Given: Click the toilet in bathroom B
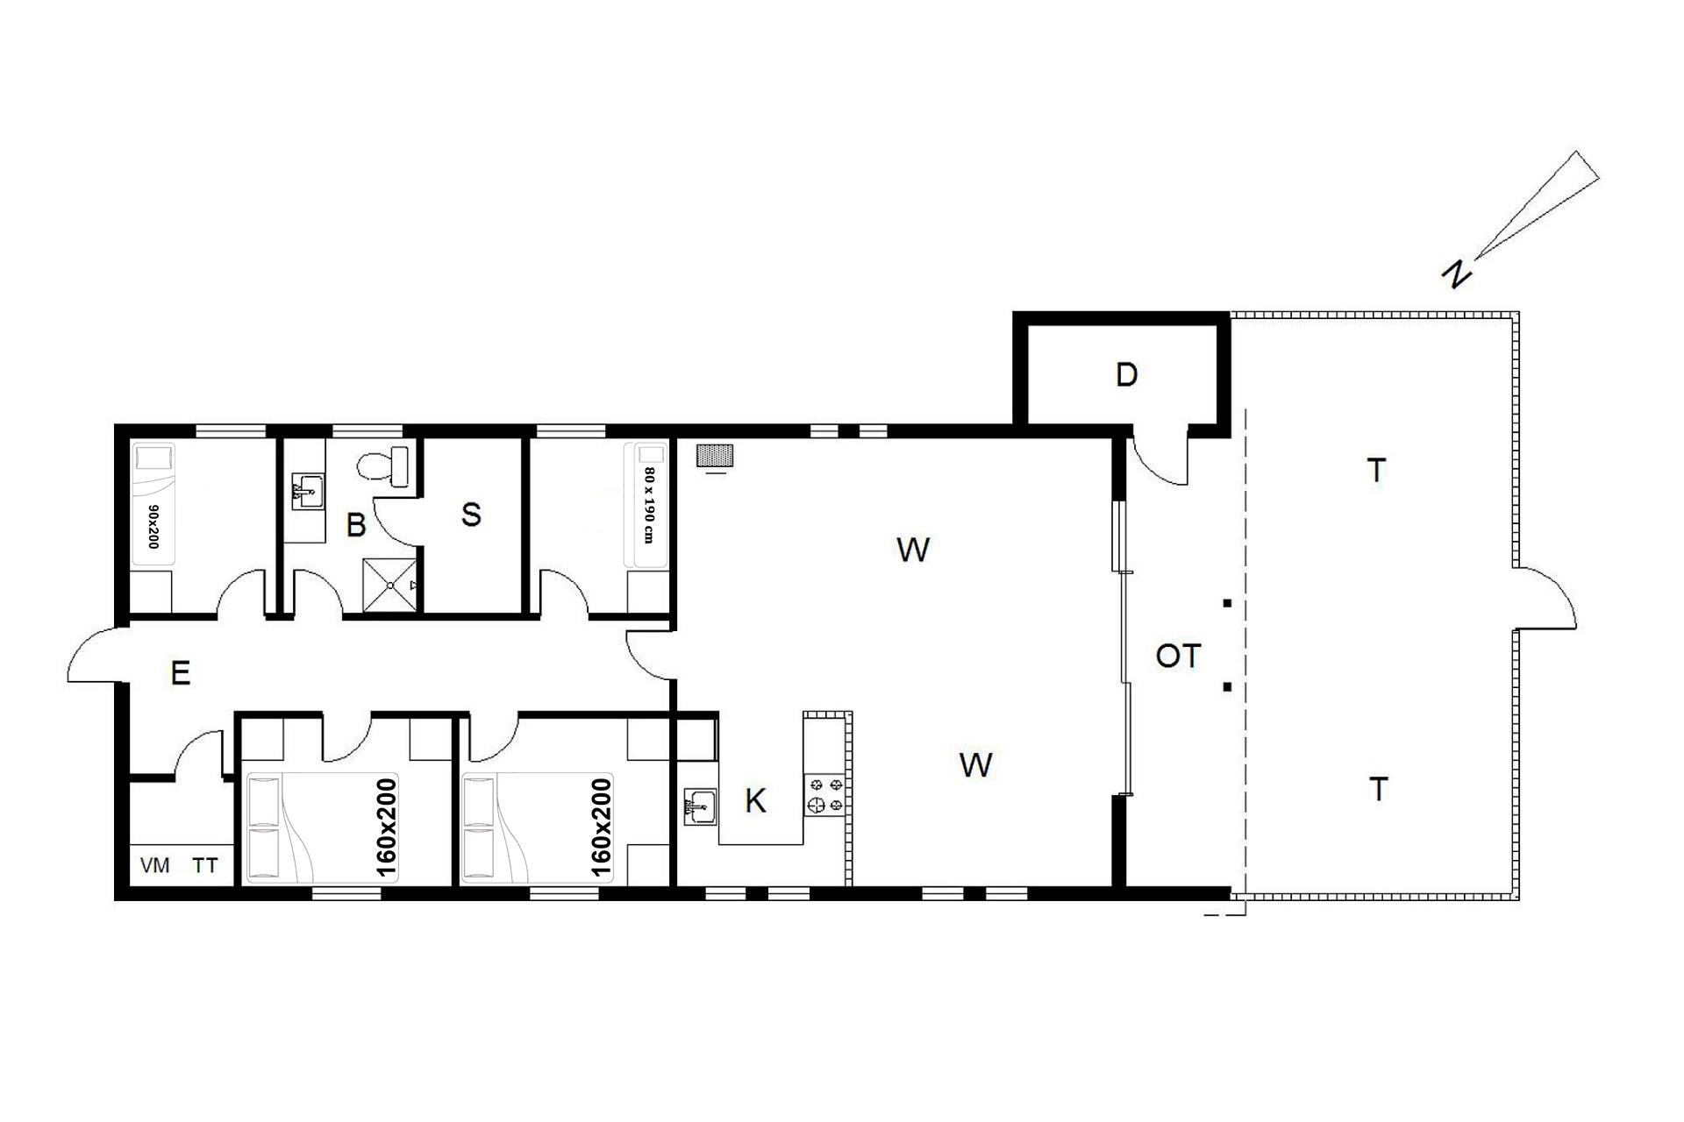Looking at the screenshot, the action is [385, 465].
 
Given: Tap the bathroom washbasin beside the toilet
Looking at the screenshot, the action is [307, 491].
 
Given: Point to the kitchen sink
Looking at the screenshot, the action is [701, 807].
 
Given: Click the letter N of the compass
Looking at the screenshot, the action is [1456, 275].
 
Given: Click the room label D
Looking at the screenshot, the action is [1126, 375].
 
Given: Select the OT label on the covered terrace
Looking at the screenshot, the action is [1178, 656].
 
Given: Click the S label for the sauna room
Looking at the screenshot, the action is [471, 515].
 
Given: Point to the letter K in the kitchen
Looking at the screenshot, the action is [755, 800].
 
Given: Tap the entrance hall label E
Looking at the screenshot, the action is [180, 673].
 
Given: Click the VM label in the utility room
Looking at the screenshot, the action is [155, 866].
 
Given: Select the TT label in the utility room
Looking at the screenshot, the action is [205, 866].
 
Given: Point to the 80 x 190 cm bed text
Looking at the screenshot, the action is [649, 505].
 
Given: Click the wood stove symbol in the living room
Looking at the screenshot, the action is [715, 456].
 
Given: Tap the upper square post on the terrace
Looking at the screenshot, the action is [1227, 603].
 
